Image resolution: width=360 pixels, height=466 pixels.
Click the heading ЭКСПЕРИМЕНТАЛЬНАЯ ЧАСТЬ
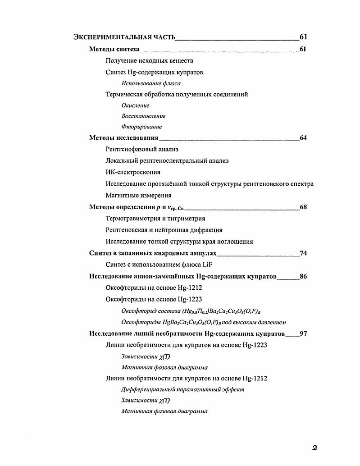click(x=124, y=37)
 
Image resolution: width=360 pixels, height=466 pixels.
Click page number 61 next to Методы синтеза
click(x=303, y=49)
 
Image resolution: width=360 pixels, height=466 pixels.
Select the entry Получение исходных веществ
click(x=150, y=61)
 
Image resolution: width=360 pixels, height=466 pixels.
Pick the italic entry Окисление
click(x=135, y=105)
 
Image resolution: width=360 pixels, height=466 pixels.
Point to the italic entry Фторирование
click(x=141, y=127)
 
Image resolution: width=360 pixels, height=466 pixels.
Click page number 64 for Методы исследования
click(x=303, y=138)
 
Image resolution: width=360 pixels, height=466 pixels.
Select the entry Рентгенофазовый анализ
click(x=142, y=149)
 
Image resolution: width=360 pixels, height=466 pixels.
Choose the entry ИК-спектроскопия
click(x=133, y=172)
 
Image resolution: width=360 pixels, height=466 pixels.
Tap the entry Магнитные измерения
click(x=138, y=196)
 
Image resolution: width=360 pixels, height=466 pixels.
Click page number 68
click(x=303, y=207)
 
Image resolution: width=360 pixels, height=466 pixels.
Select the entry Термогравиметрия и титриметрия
click(x=155, y=219)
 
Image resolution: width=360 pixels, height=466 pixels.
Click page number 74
click(x=303, y=253)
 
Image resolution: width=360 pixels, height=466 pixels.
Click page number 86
click(x=303, y=276)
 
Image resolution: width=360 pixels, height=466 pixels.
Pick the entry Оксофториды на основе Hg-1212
click(x=154, y=288)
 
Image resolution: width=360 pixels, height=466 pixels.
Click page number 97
click(x=303, y=334)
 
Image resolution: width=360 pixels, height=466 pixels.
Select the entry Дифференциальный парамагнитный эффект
click(x=183, y=389)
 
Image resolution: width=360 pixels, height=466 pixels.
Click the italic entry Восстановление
click(x=143, y=116)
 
